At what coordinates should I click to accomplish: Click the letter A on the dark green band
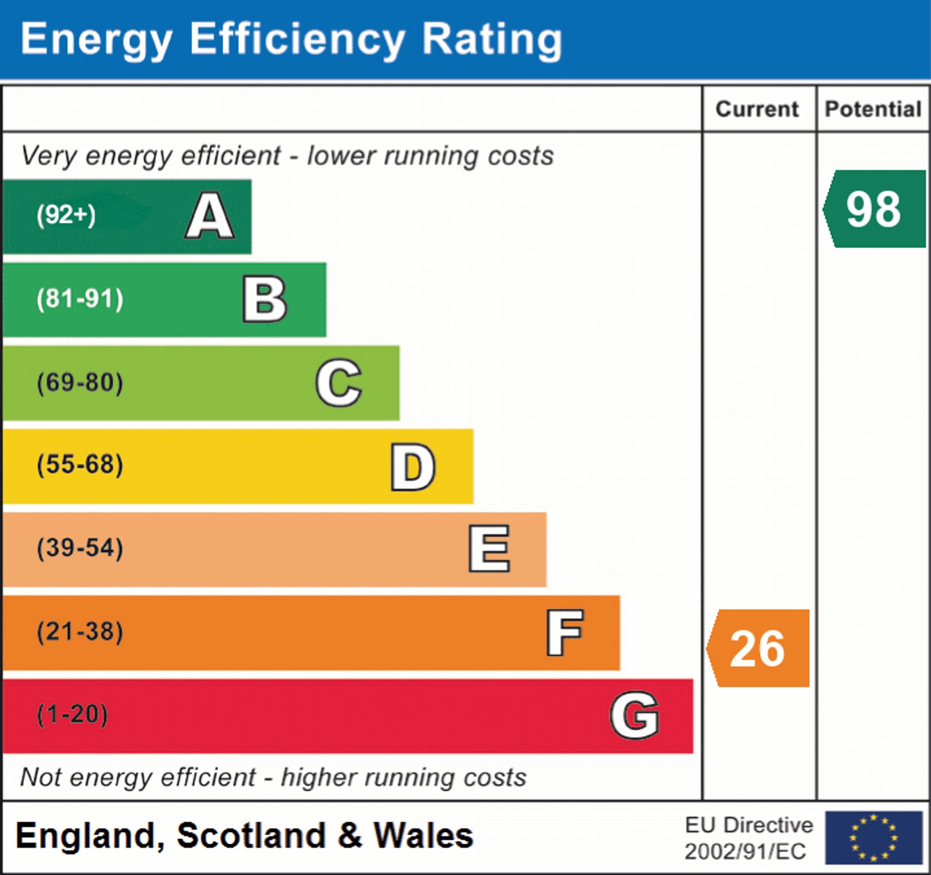(x=210, y=216)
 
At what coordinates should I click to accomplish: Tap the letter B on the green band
(x=264, y=299)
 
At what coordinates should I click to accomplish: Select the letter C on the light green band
(x=338, y=383)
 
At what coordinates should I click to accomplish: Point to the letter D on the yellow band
(x=413, y=467)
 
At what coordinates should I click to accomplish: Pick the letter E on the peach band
(x=489, y=549)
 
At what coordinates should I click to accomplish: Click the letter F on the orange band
(x=565, y=632)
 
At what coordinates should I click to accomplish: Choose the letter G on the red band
(x=634, y=715)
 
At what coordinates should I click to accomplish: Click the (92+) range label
(x=66, y=215)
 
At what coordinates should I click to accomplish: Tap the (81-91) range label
(x=80, y=299)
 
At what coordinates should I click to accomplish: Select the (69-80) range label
(x=80, y=383)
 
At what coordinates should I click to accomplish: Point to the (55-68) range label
(x=80, y=465)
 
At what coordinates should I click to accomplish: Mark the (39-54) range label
(x=80, y=548)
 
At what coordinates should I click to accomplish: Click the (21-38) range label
(x=80, y=631)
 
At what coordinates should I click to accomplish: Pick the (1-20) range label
(x=73, y=715)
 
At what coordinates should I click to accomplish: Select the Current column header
(x=757, y=109)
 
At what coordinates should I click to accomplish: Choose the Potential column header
(x=873, y=109)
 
